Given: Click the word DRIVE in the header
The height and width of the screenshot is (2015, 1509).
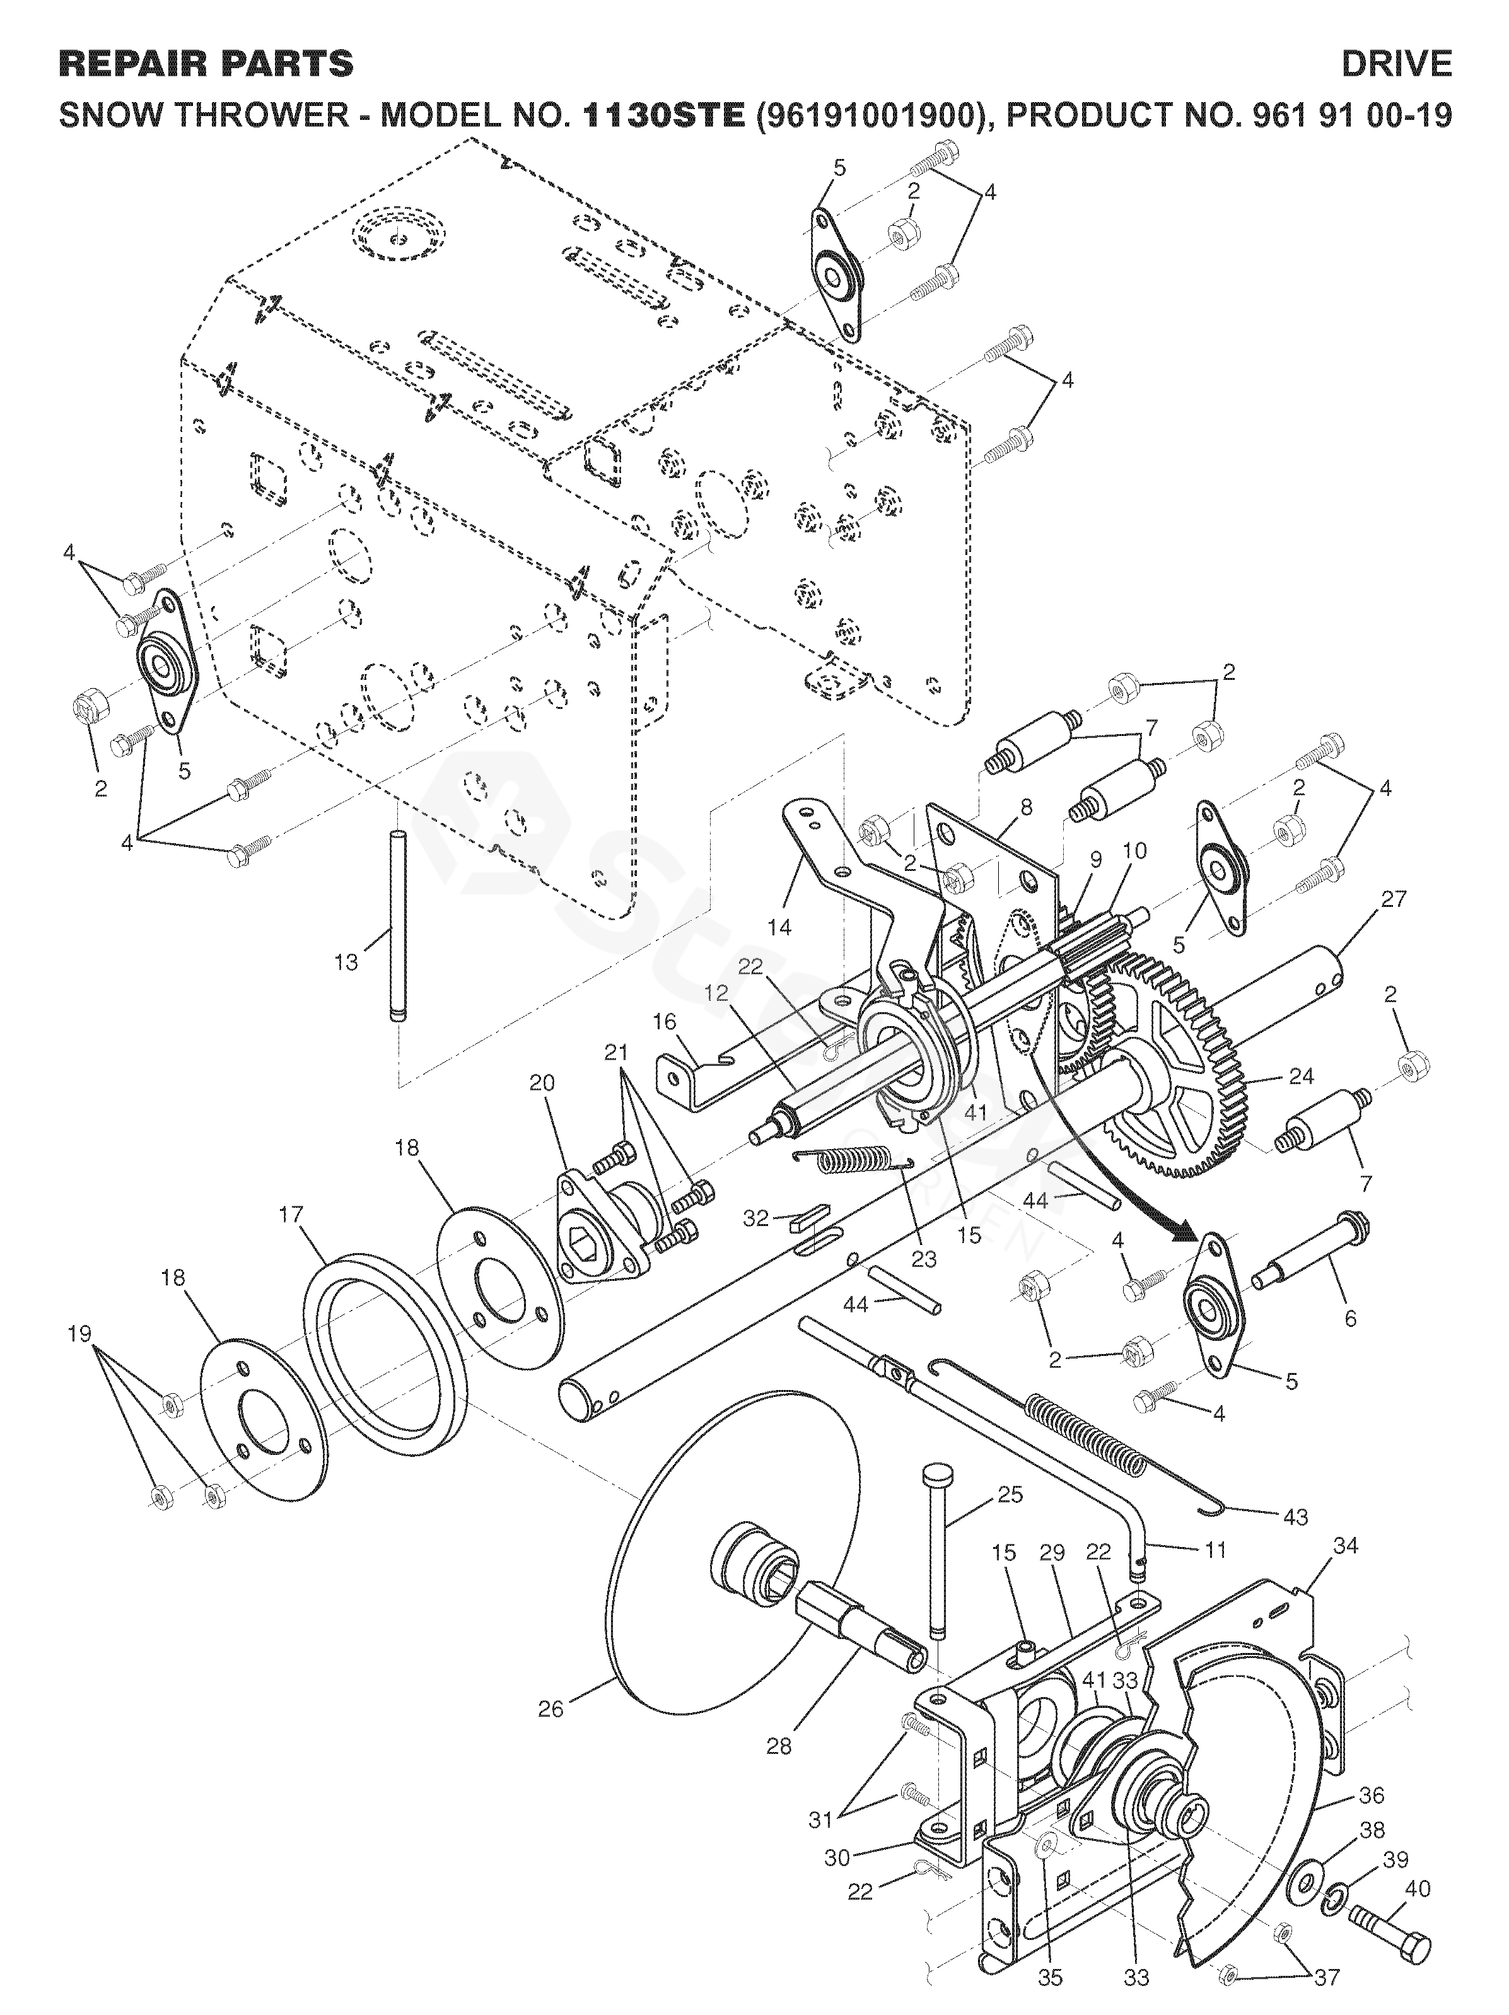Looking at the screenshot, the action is coord(1396,64).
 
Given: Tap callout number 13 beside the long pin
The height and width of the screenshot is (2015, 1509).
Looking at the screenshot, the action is coord(346,962).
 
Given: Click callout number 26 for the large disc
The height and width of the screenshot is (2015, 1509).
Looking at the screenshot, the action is coord(551,1709).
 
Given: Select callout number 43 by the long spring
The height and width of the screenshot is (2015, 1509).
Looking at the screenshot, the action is coord(1295,1517).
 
